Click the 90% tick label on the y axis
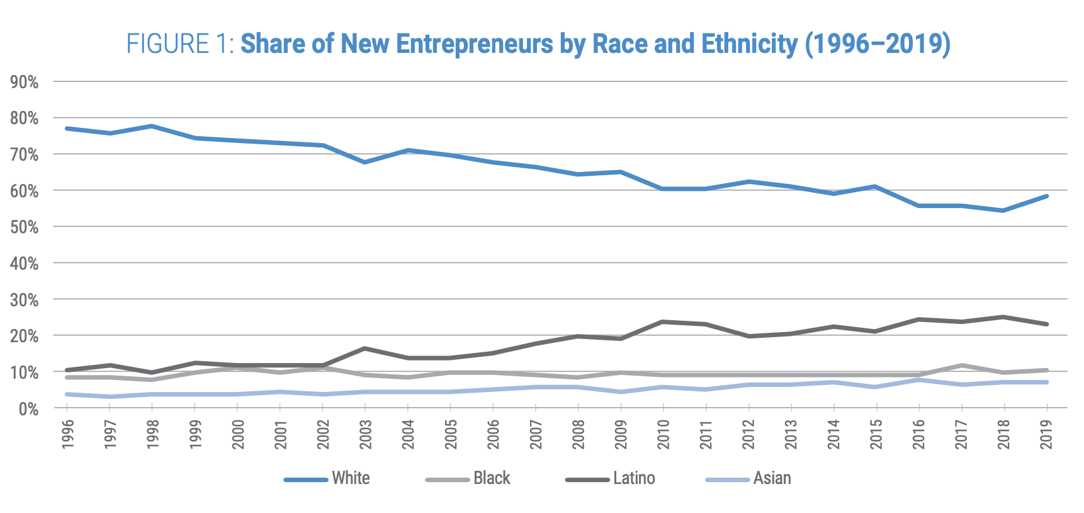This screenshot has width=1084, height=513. pos(25,82)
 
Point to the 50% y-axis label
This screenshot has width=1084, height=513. pos(25,227)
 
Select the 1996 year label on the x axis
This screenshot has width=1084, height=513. pos(68,434)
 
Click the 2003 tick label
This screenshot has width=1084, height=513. pos(366,434)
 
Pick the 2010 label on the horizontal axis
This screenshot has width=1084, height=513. pos(663,434)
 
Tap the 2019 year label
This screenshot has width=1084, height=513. pos(1046,434)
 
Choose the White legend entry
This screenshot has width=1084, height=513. pos(351,478)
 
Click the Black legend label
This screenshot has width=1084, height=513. pos(492,478)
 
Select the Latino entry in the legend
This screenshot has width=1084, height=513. pos(634,478)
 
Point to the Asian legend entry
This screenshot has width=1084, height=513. pos(772,478)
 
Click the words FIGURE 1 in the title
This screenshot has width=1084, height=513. pos(179,44)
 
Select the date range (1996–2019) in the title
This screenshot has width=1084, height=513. pos(878,44)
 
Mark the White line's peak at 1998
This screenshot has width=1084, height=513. pos(152,126)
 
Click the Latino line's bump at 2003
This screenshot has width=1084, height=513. pos(365,349)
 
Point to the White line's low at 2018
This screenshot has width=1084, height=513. pos(1003,210)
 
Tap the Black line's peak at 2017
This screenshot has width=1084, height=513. pos(961,366)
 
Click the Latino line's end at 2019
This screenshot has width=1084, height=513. pos(1046,325)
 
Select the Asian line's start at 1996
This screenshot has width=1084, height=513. pos(67,395)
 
